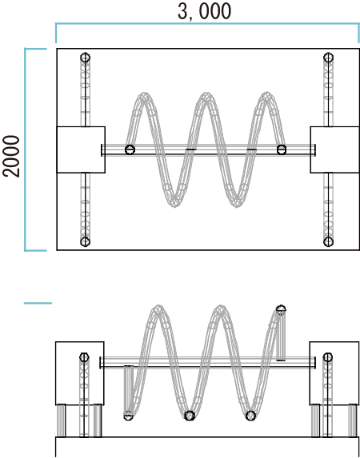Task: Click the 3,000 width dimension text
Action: tap(205, 11)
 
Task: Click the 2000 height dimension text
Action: tap(11, 157)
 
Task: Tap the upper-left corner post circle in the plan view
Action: tap(85, 58)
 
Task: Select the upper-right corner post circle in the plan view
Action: tap(329, 58)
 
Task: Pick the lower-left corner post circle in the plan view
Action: tap(85, 242)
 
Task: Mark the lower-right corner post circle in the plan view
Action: tap(329, 242)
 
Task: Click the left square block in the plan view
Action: tap(81, 149)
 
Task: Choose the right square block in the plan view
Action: tap(335, 149)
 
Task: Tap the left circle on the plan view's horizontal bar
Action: tap(130, 149)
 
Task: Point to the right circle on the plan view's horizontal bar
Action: tap(282, 149)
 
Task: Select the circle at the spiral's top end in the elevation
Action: tap(281, 309)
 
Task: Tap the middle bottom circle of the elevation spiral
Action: tap(190, 416)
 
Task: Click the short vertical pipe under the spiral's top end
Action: tap(281, 337)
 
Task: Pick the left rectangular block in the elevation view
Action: tap(80, 373)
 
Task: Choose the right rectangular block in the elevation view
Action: tap(334, 373)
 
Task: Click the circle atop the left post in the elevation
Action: tap(84, 357)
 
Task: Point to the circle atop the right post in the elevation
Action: tap(327, 357)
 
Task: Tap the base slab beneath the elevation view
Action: tap(207, 447)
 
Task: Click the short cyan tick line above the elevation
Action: tap(38, 303)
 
